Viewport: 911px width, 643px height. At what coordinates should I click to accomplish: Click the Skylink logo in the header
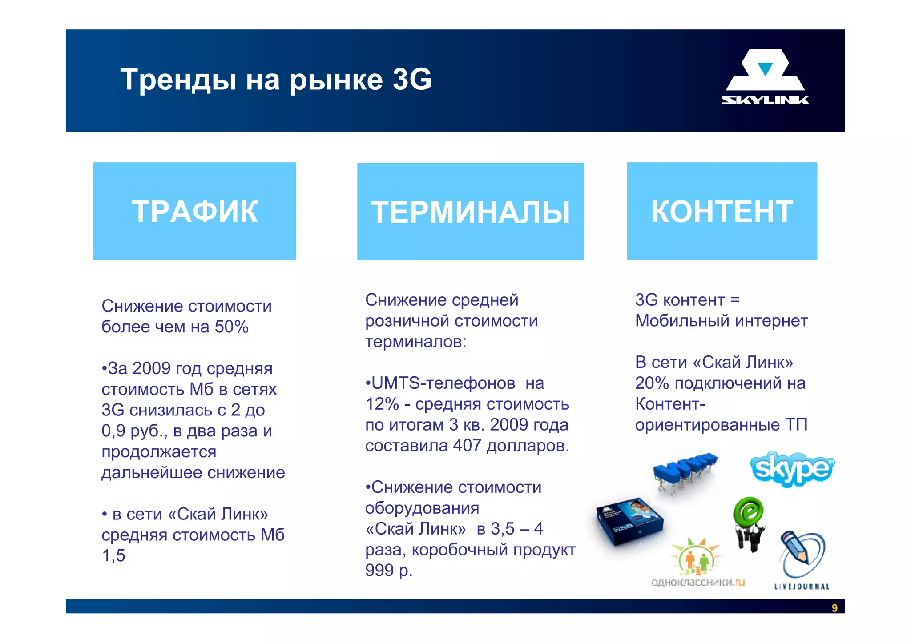click(765, 77)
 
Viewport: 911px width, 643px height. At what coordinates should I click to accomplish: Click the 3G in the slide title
click(412, 80)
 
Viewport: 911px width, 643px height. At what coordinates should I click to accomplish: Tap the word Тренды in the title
click(178, 80)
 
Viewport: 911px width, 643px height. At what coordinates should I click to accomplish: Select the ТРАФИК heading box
click(194, 211)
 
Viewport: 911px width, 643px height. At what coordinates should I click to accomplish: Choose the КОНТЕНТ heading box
click(722, 211)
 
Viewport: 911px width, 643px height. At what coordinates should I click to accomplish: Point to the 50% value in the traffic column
click(231, 327)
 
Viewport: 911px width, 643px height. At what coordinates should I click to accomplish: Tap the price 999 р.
click(388, 571)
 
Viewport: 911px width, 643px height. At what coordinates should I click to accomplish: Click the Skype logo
click(792, 469)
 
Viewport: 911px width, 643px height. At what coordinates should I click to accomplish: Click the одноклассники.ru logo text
click(697, 583)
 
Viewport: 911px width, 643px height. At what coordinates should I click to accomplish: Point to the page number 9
click(834, 608)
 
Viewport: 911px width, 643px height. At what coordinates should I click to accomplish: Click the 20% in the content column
click(652, 383)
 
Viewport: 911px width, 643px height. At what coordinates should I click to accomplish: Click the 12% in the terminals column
click(382, 404)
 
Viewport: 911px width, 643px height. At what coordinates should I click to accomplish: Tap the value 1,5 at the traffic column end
click(113, 556)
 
